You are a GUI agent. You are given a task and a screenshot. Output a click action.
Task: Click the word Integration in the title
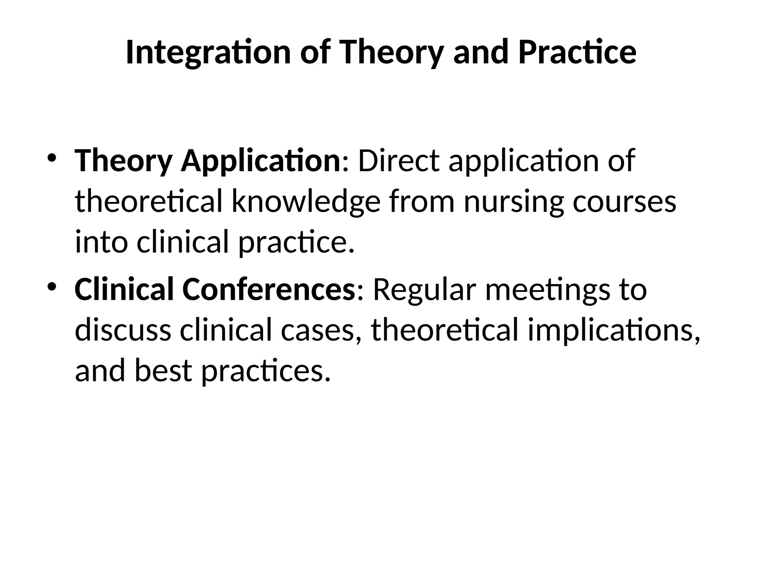click(x=208, y=53)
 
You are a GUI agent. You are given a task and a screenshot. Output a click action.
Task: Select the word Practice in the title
click(x=577, y=53)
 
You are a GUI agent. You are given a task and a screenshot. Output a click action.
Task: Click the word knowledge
click(x=305, y=202)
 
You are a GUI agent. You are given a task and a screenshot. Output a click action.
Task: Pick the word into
click(x=101, y=242)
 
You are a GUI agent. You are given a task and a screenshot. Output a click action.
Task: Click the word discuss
click(x=123, y=330)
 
